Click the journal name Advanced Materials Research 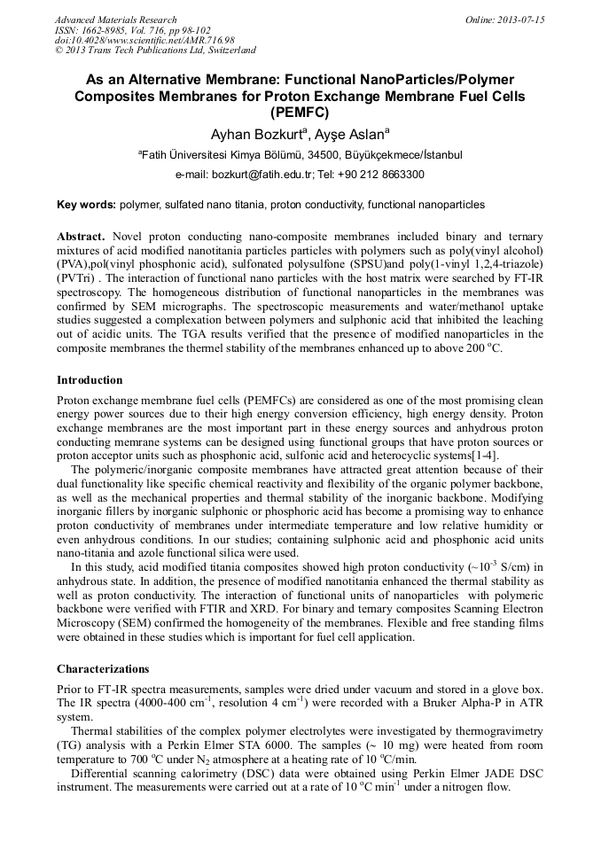[x=115, y=19]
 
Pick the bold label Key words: [x=86, y=205]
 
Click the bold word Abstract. [x=81, y=238]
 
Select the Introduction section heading [x=90, y=380]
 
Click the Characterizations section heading [x=103, y=669]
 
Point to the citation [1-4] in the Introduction [x=483, y=456]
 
